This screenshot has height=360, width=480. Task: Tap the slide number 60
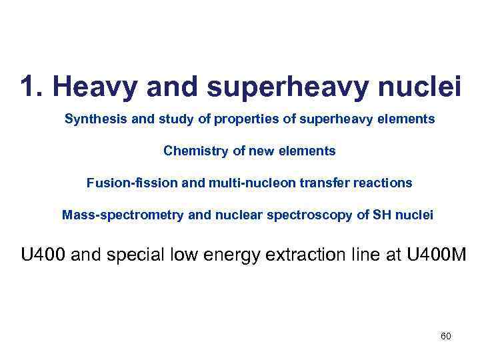[x=445, y=336]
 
